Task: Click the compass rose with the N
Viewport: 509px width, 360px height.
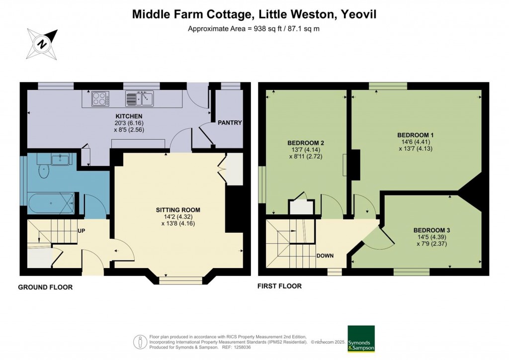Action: [x=42, y=44]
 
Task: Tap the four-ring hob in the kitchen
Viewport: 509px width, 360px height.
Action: [x=100, y=98]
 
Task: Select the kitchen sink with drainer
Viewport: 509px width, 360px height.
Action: [x=140, y=98]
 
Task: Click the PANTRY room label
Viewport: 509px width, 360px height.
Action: [x=230, y=123]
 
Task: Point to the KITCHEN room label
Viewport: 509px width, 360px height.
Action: [x=129, y=116]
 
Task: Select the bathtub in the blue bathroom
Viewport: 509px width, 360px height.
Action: [x=51, y=203]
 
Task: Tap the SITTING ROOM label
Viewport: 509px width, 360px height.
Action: [x=178, y=210]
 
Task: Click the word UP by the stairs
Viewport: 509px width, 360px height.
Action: [x=81, y=231]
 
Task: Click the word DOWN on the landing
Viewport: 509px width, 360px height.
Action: [x=325, y=256]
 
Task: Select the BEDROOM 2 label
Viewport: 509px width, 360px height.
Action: [x=306, y=143]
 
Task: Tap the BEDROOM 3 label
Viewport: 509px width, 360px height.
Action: [x=432, y=231]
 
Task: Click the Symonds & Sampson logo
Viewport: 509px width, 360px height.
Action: [x=361, y=339]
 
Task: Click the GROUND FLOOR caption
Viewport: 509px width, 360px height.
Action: [x=45, y=287]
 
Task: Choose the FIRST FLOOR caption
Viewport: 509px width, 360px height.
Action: [x=279, y=286]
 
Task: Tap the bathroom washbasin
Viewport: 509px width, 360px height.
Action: [x=60, y=160]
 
